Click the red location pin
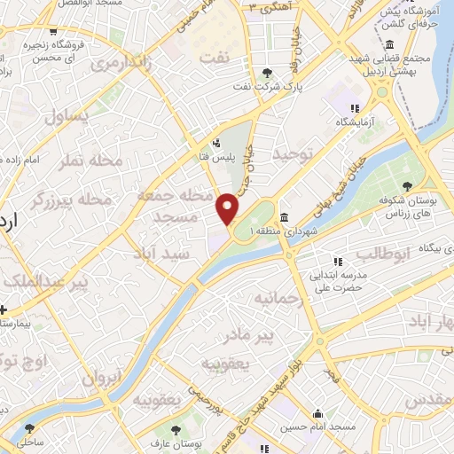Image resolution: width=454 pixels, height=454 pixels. click(x=228, y=207)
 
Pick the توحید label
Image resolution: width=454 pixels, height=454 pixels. click(x=294, y=155)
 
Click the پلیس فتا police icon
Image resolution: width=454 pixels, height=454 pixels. click(x=216, y=142)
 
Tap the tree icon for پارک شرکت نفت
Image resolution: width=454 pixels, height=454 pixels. click(x=269, y=73)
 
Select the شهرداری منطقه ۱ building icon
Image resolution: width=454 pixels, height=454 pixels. click(x=283, y=218)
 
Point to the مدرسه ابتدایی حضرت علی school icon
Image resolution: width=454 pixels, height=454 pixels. click(x=337, y=262)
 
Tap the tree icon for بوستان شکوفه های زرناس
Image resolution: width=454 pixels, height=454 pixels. click(x=406, y=186)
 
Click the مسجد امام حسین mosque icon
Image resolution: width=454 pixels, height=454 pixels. click(x=318, y=414)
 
